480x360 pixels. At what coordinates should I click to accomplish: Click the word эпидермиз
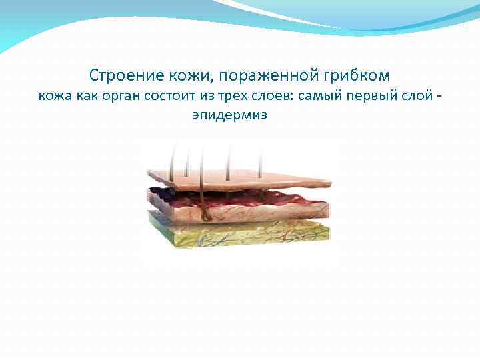click(x=229, y=115)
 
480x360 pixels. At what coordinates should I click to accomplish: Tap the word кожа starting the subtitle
click(x=51, y=95)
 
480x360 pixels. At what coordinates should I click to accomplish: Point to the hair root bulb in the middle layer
click(x=206, y=214)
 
